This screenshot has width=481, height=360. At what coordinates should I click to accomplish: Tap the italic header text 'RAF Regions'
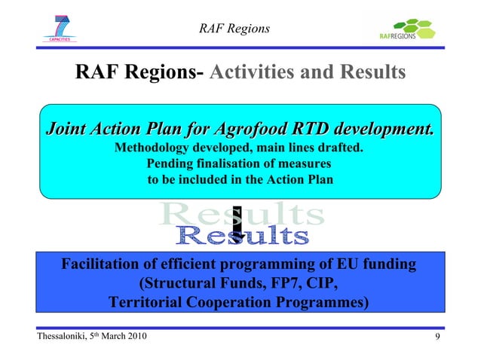coord(234,29)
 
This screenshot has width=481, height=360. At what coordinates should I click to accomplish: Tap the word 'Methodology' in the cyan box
coord(154,147)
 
